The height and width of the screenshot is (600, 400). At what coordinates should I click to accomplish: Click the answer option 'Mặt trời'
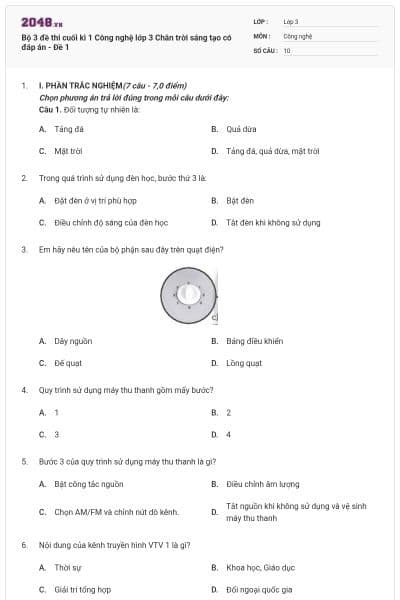coord(67,151)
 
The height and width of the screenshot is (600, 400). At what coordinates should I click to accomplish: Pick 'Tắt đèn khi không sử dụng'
coord(273,222)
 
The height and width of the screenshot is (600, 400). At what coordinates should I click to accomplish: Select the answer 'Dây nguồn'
coord(73,341)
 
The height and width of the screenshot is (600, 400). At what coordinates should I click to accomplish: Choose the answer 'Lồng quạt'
coord(243,363)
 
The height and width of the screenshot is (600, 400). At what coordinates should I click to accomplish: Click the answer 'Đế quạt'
coord(67,363)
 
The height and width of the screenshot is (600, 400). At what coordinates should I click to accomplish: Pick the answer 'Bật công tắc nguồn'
coord(89,484)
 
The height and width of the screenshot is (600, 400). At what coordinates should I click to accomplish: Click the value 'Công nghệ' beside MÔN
coord(298,35)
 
